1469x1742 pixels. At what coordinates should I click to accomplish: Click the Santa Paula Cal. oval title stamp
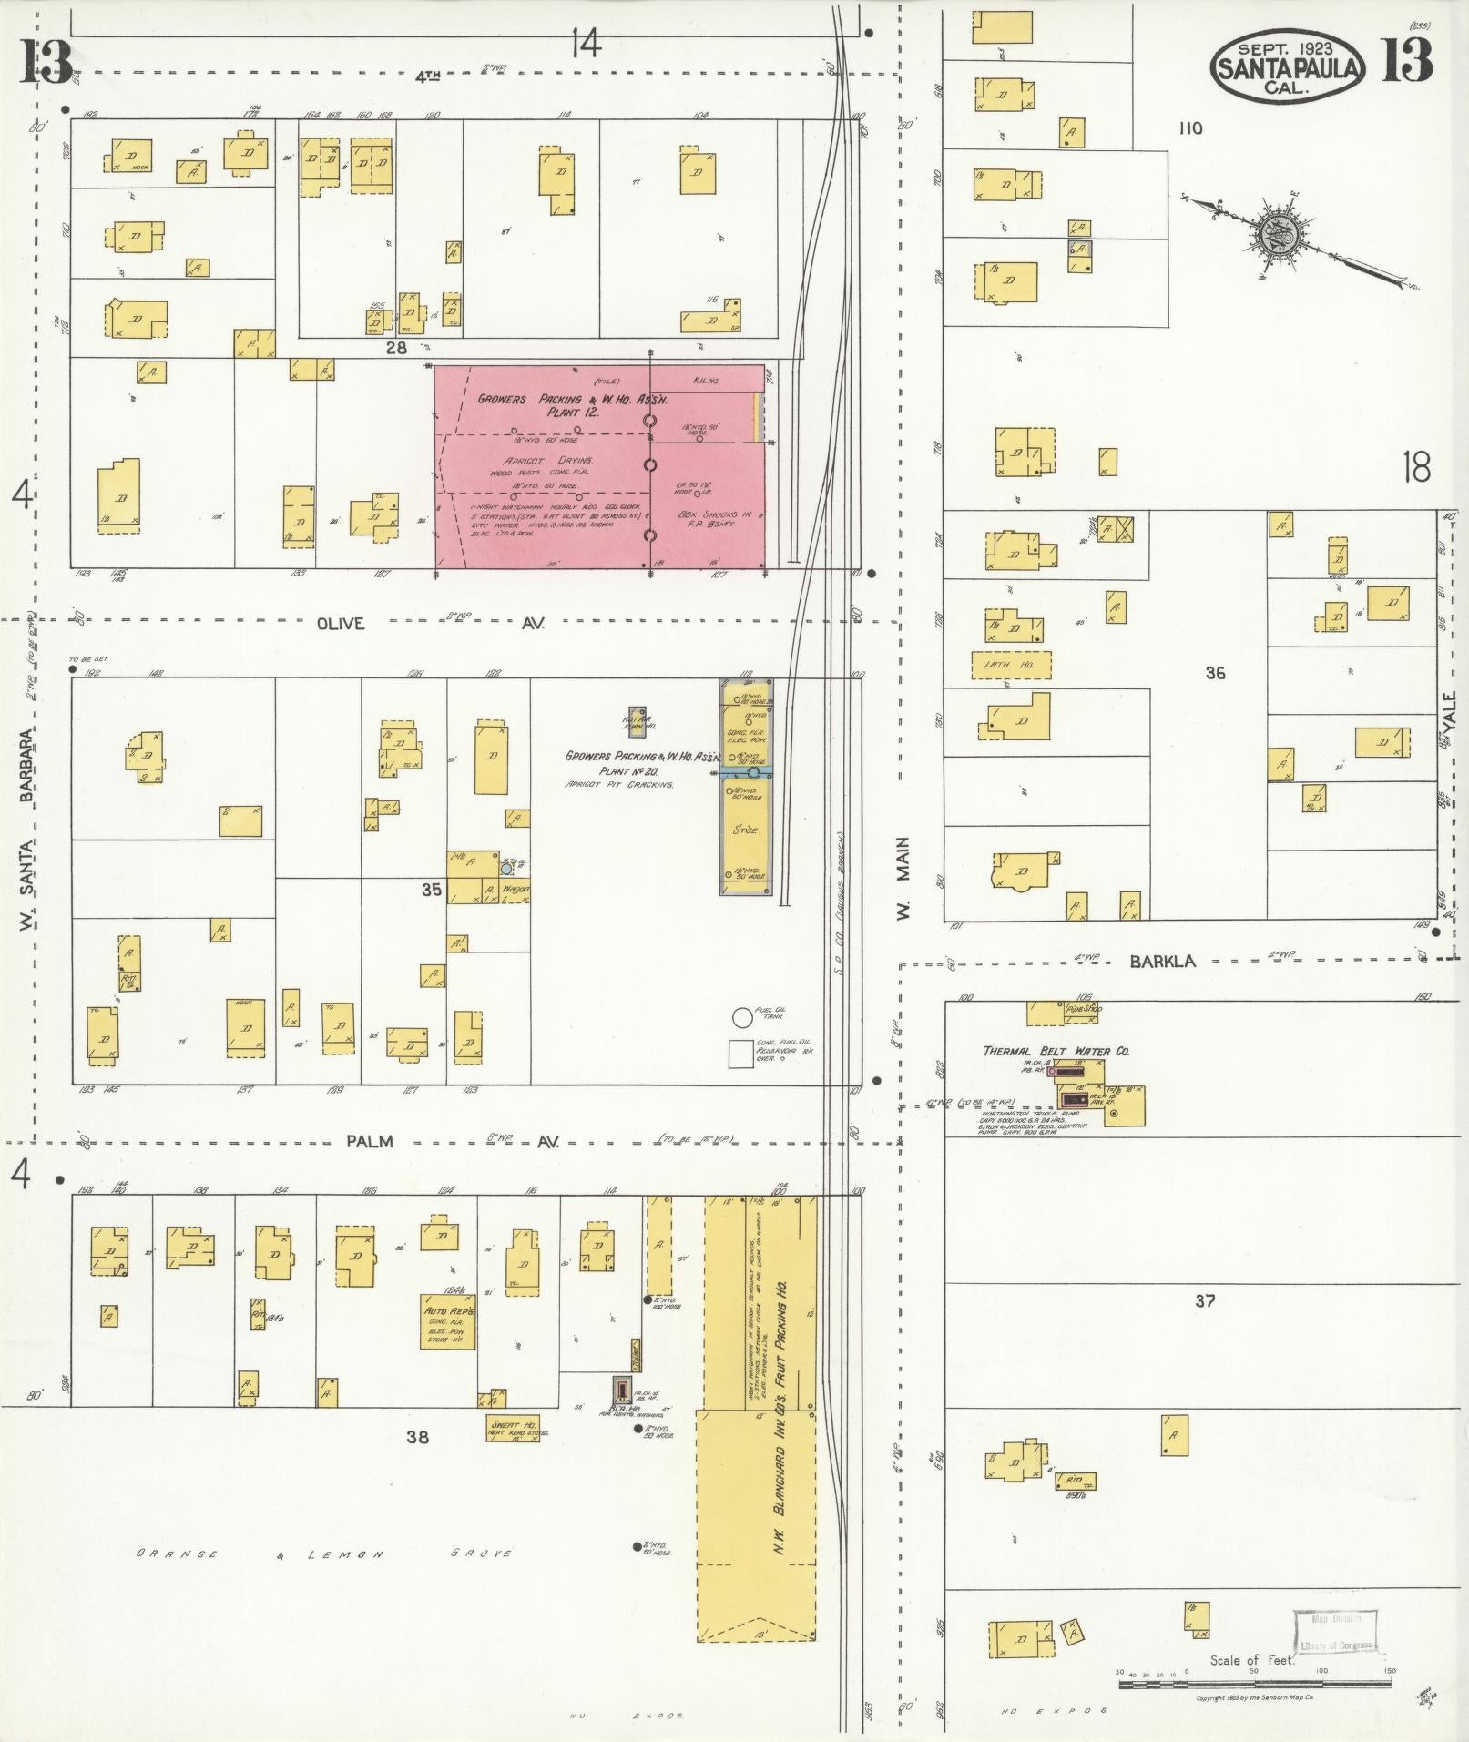(1287, 65)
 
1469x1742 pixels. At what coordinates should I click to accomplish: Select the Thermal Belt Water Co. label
(1056, 1051)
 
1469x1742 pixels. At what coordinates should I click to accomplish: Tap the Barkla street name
(1163, 961)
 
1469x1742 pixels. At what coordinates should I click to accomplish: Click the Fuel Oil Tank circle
(742, 1017)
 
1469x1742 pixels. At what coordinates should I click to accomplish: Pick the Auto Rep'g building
(447, 1321)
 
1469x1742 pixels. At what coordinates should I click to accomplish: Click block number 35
(432, 890)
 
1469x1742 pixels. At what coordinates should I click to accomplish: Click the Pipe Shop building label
(1084, 1010)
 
